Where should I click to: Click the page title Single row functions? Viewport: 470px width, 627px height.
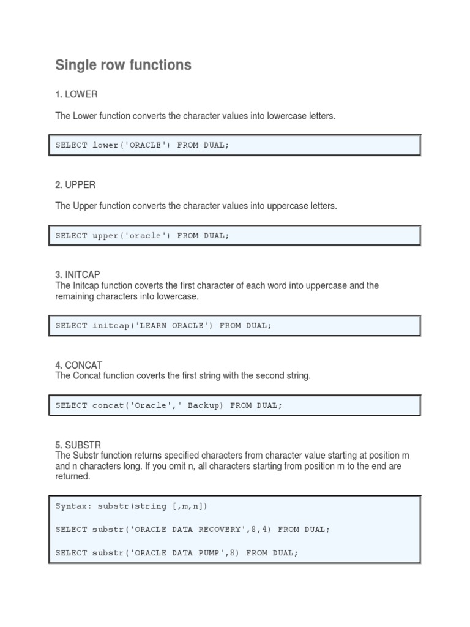click(123, 65)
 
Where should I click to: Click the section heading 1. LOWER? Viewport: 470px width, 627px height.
click(76, 94)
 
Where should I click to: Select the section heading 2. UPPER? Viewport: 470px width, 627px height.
click(75, 184)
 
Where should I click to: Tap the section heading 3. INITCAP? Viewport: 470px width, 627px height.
click(79, 275)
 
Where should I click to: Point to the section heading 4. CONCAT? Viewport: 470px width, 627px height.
click(78, 365)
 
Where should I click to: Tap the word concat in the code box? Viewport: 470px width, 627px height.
click(108, 405)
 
